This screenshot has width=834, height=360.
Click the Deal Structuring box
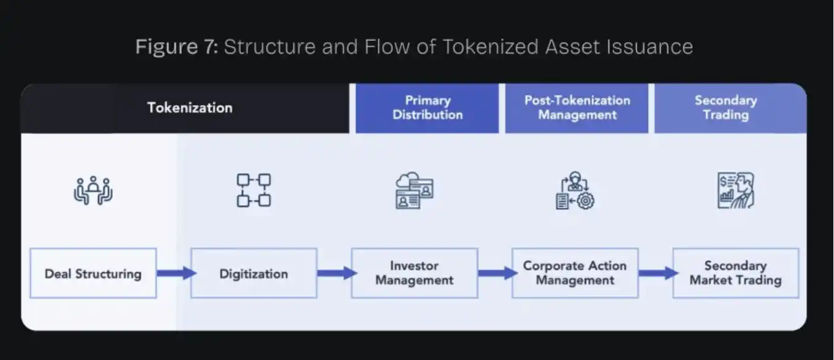(93, 273)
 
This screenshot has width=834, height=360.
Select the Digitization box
(254, 273)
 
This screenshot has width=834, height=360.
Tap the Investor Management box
(415, 273)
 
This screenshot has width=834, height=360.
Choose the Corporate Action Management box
(575, 273)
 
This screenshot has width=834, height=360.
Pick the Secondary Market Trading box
(736, 273)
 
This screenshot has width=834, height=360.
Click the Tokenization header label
(190, 108)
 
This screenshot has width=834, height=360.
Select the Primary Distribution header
(427, 108)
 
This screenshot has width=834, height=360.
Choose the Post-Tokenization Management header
(577, 108)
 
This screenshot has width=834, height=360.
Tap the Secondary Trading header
(730, 108)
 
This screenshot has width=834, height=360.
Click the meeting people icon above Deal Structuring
(93, 190)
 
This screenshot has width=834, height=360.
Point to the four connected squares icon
(254, 190)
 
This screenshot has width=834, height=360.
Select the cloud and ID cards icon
(415, 190)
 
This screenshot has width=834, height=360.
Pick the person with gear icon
(575, 190)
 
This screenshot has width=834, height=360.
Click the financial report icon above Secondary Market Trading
(736, 190)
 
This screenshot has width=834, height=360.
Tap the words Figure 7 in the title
(176, 47)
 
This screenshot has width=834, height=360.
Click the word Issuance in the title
(650, 47)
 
